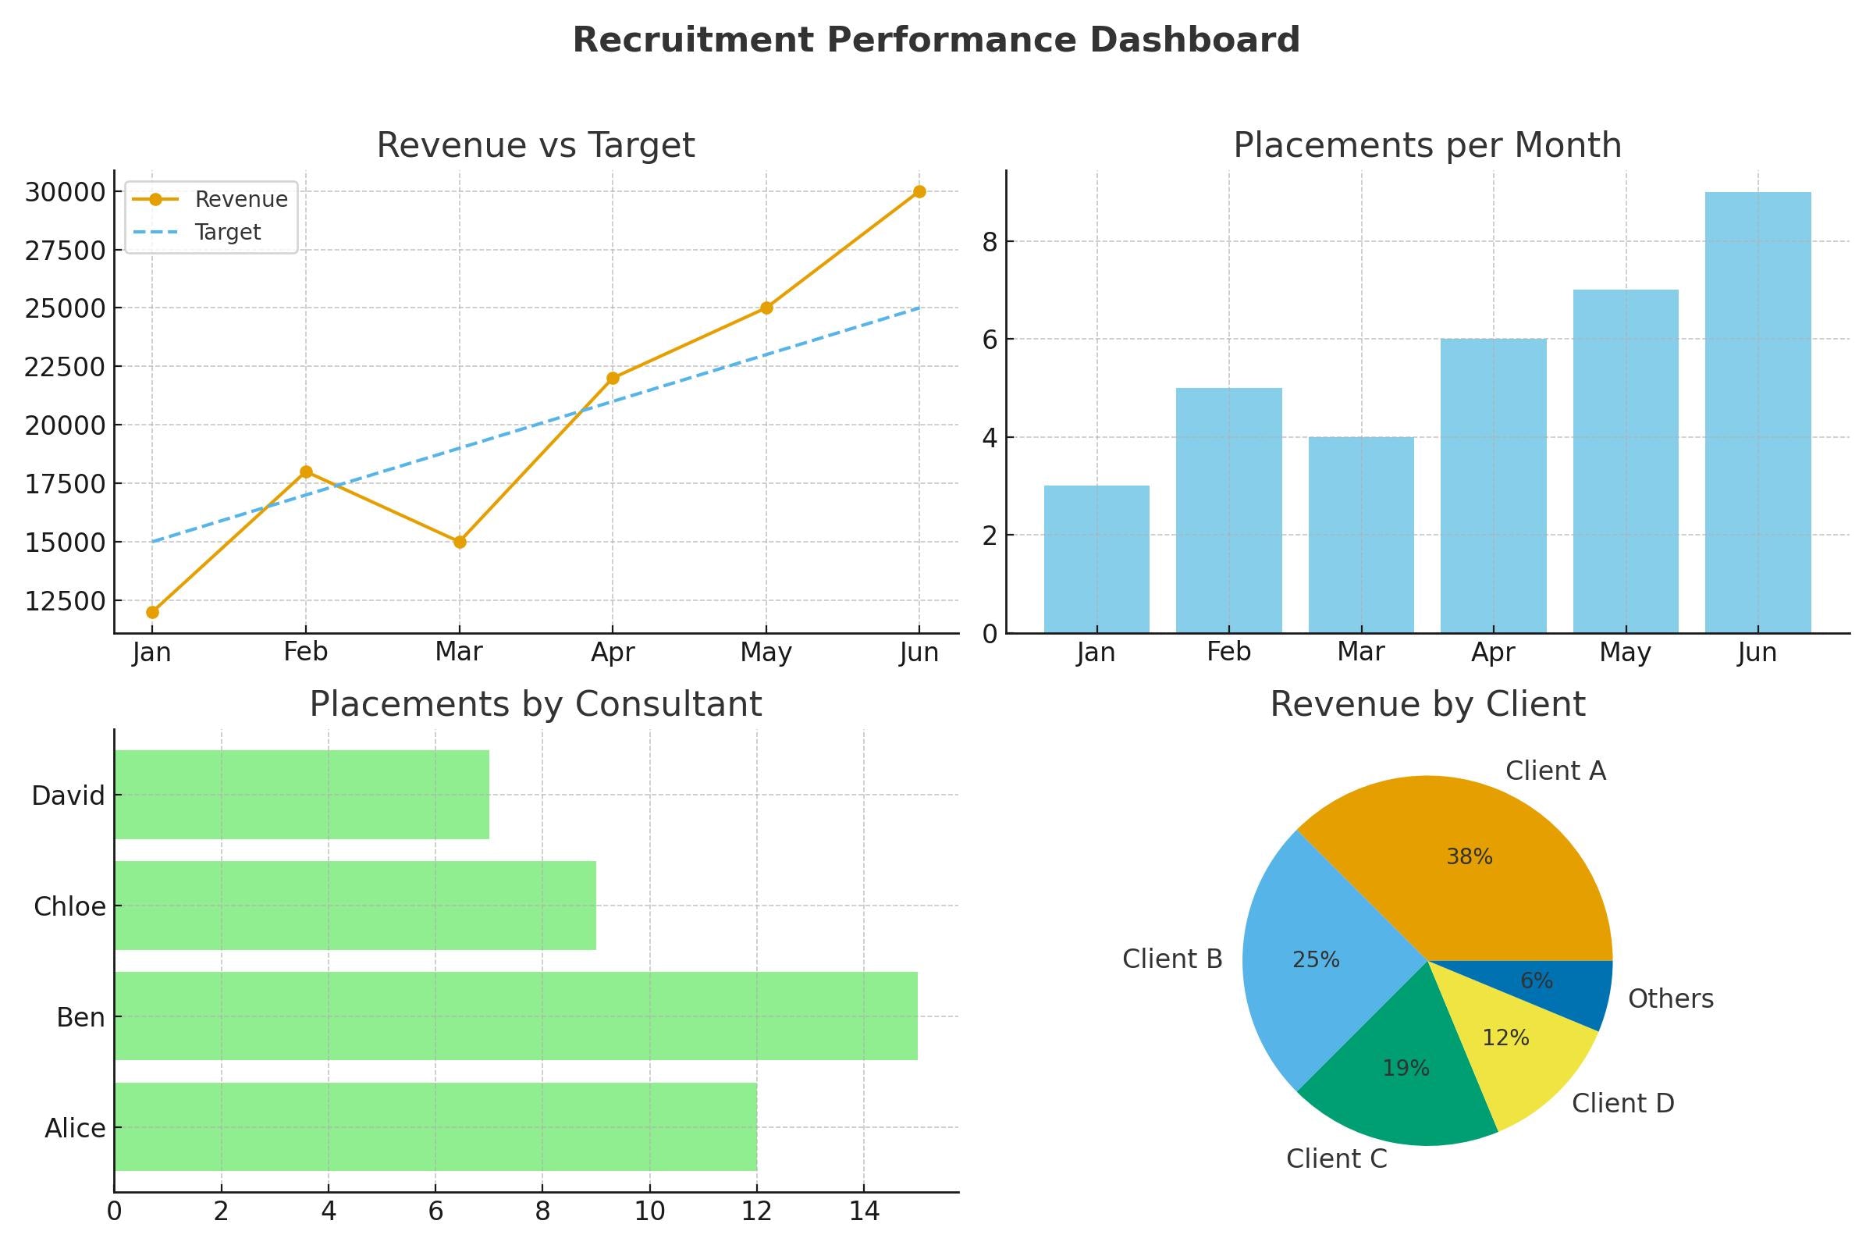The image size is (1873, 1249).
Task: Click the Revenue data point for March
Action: pos(460,542)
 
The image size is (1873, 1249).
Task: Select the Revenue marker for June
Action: pos(919,191)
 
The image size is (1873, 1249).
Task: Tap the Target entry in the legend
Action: pos(228,232)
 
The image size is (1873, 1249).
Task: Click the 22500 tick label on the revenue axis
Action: pos(65,367)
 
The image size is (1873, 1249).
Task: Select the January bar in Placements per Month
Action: pos(1096,559)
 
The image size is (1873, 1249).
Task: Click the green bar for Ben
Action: pos(515,1016)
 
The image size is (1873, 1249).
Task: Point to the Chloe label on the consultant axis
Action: pos(69,906)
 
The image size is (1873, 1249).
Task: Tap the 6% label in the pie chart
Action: pos(1536,980)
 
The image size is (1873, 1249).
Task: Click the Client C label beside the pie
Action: pos(1336,1158)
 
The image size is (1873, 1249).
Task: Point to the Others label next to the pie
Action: pos(1670,998)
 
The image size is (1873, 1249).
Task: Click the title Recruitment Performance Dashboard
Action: pos(936,40)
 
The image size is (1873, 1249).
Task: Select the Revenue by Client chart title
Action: pos(1427,704)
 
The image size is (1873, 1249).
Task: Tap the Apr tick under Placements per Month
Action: pos(1492,653)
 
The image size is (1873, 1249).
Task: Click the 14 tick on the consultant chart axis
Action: pos(863,1212)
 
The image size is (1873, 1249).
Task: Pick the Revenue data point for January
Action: pos(152,612)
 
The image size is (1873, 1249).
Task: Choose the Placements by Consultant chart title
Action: pos(535,704)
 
